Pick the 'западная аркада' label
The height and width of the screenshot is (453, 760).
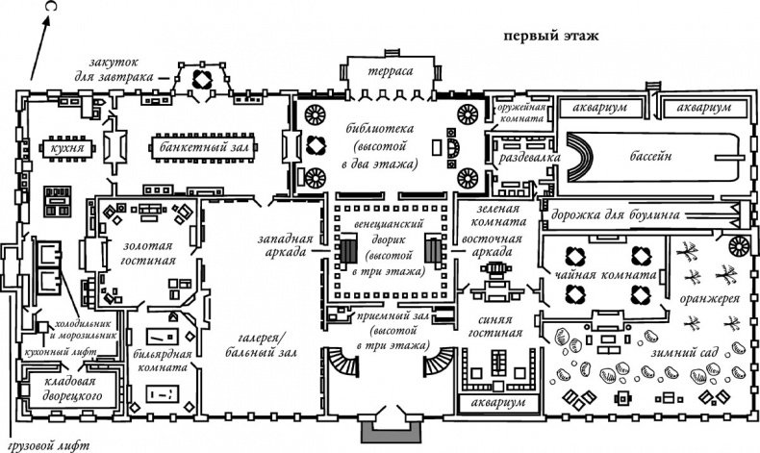pos(281,245)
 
